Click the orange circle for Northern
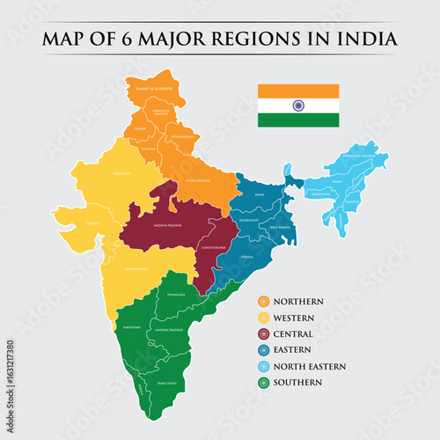[x=263, y=302]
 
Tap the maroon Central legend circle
[x=263, y=334]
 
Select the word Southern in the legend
[x=298, y=382]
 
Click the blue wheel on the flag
[x=297, y=106]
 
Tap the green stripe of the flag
[x=297, y=120]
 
